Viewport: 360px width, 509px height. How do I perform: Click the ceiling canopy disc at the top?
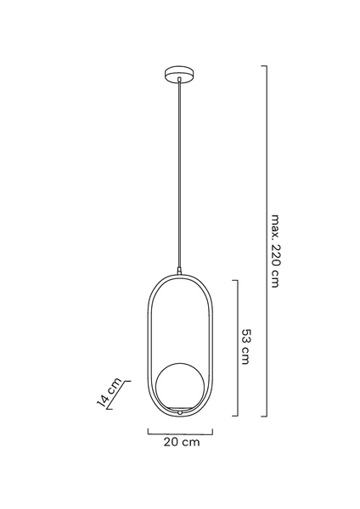[x=180, y=75]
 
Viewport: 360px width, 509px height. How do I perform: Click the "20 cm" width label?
[x=182, y=442]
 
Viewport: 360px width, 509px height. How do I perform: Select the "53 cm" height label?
[x=246, y=347]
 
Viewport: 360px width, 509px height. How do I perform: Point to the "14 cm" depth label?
[x=110, y=392]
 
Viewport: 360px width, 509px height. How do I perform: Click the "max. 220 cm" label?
[x=275, y=251]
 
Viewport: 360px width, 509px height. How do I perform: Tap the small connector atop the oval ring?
[x=178, y=271]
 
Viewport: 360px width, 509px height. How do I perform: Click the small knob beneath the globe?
[x=179, y=413]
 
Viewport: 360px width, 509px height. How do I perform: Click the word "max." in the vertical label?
[x=275, y=227]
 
